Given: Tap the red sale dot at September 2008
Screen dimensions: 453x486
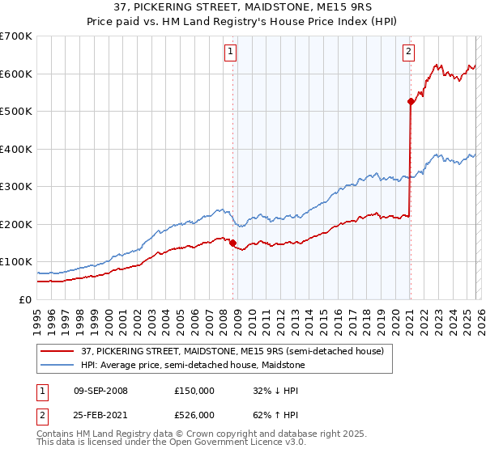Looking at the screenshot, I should [232, 242].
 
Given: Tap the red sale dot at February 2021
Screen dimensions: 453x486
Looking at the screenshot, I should [411, 101].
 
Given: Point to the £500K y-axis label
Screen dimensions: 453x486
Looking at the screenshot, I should [16, 112].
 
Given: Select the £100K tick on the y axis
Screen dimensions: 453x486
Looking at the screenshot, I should [16, 262].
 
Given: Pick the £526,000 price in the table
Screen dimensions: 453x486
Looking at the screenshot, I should [195, 416].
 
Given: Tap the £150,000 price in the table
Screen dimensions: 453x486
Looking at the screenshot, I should [195, 390].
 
